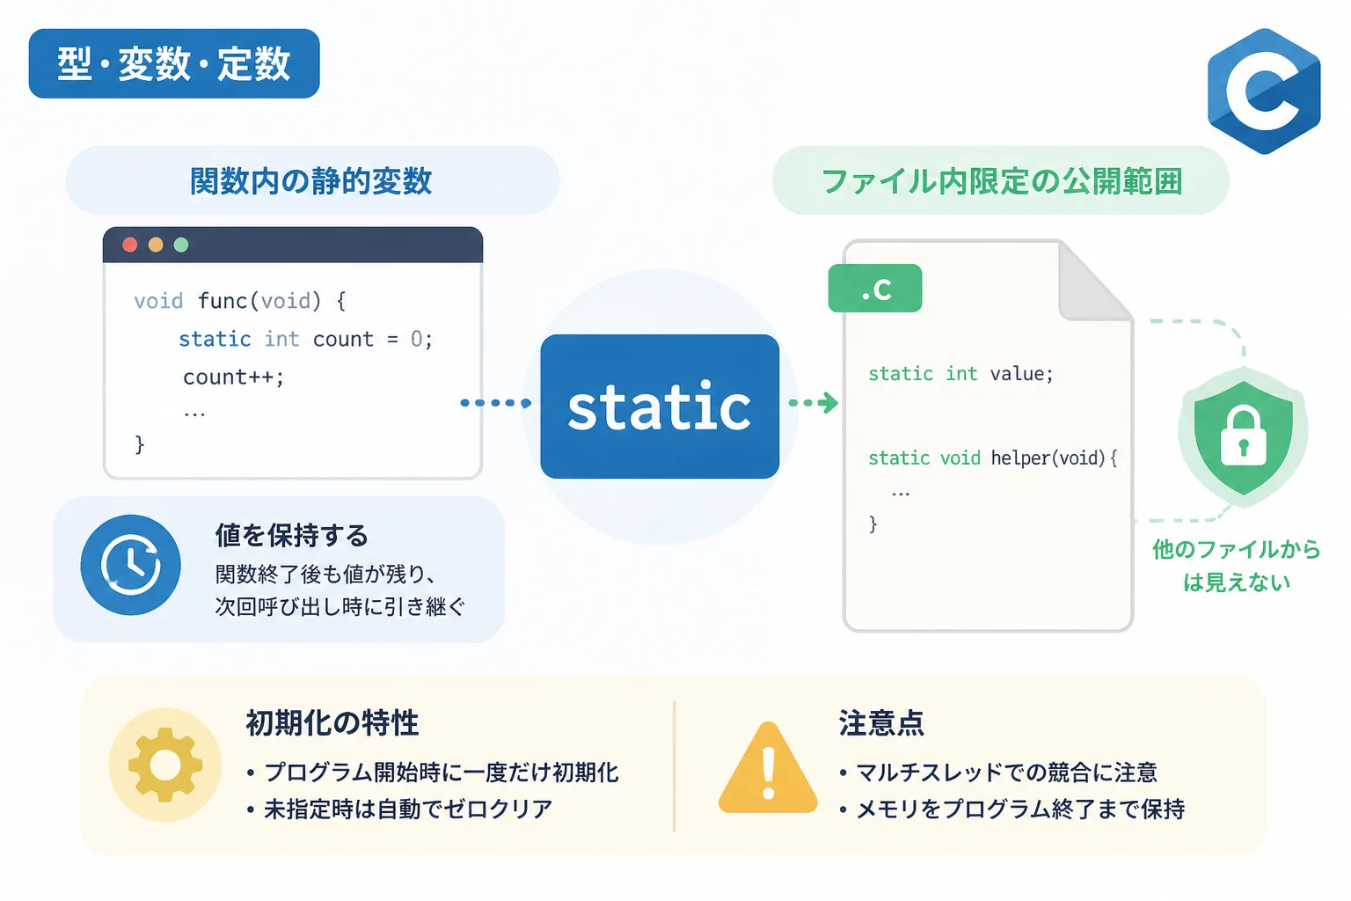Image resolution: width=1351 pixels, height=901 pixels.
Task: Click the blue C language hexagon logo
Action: (1264, 92)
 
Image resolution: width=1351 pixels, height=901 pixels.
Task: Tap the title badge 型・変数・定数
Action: (174, 63)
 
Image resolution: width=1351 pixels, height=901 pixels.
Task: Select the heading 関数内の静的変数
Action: (311, 181)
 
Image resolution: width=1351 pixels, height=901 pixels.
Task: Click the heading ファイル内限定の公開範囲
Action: (1001, 181)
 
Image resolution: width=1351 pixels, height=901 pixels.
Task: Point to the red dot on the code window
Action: (129, 245)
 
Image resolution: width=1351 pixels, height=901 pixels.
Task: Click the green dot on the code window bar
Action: (181, 245)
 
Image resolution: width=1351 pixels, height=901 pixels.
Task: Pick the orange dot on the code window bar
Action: (156, 245)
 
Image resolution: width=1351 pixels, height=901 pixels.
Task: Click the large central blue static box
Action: (660, 407)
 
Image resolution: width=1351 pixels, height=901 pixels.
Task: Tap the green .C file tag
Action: (875, 289)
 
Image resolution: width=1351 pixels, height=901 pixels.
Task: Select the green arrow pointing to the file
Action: (814, 402)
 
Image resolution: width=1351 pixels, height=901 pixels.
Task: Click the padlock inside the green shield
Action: (1243, 437)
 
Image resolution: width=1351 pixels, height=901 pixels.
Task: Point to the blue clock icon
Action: (131, 565)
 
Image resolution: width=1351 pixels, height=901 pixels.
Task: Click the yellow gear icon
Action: (165, 765)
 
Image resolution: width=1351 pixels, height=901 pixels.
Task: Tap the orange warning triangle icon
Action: (768, 767)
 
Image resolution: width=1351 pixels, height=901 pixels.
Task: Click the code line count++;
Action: (233, 377)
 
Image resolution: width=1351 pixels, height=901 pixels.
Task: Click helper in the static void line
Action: (1020, 458)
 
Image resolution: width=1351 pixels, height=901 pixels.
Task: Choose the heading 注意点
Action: (881, 723)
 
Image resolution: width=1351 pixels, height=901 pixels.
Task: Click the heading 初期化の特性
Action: (332, 723)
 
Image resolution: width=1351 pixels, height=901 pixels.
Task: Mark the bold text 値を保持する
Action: (292, 535)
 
